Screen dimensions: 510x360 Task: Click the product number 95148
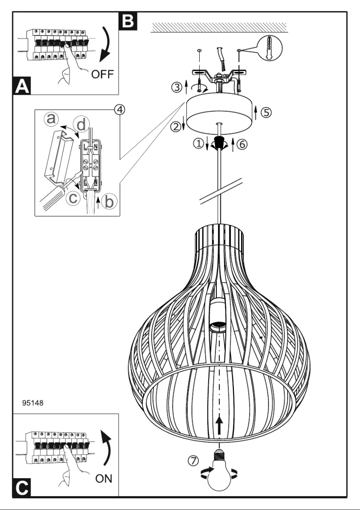coord(33,402)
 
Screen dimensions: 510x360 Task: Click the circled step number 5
coord(267,113)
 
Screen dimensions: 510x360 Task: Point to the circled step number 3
coord(178,86)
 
